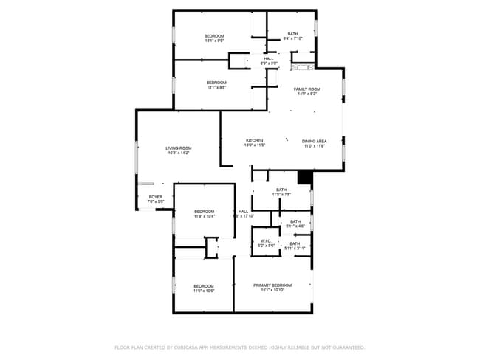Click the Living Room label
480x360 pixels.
point(178,148)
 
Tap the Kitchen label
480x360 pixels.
point(254,140)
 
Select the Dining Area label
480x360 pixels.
point(314,140)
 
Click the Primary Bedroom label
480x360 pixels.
point(272,285)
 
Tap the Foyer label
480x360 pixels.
point(155,197)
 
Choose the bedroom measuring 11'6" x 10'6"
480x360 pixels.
point(203,288)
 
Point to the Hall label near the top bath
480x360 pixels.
point(268,58)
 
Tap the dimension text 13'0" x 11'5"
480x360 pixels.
point(254,145)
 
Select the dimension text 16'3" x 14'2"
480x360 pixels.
point(178,153)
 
